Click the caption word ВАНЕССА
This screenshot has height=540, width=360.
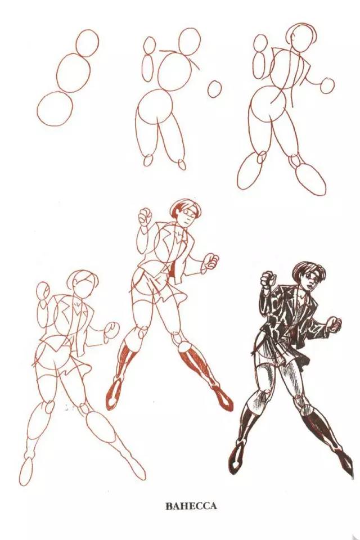point(191,506)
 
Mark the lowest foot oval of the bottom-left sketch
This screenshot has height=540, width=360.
point(26,472)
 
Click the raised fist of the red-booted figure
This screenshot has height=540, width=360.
point(145,216)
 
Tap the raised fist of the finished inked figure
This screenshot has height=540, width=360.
point(267,278)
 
